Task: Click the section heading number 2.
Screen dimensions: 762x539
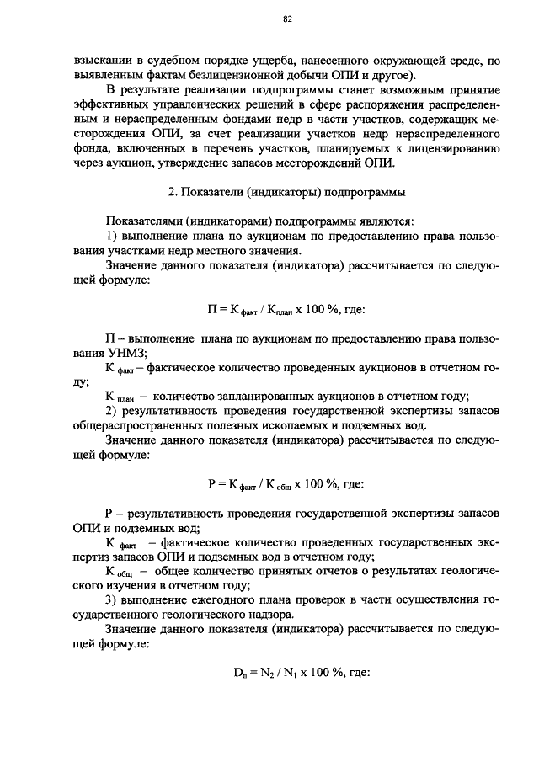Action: tap(172, 192)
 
